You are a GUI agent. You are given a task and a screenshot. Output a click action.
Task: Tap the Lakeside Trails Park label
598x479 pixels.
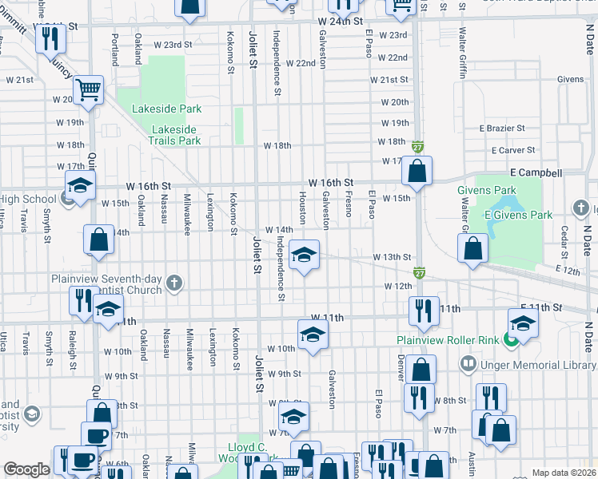[176, 135]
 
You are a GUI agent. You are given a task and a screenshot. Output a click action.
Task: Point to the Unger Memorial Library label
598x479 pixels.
[537, 364]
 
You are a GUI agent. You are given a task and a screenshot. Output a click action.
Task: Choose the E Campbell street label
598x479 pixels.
[536, 172]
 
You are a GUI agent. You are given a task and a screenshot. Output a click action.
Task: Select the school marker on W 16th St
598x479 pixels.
[79, 186]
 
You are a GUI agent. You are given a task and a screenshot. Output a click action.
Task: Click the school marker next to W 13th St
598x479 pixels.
[304, 255]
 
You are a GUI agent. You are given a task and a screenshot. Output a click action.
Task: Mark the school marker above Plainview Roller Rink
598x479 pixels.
[523, 323]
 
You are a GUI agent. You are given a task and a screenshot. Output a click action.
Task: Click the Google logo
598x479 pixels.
[27, 469]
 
